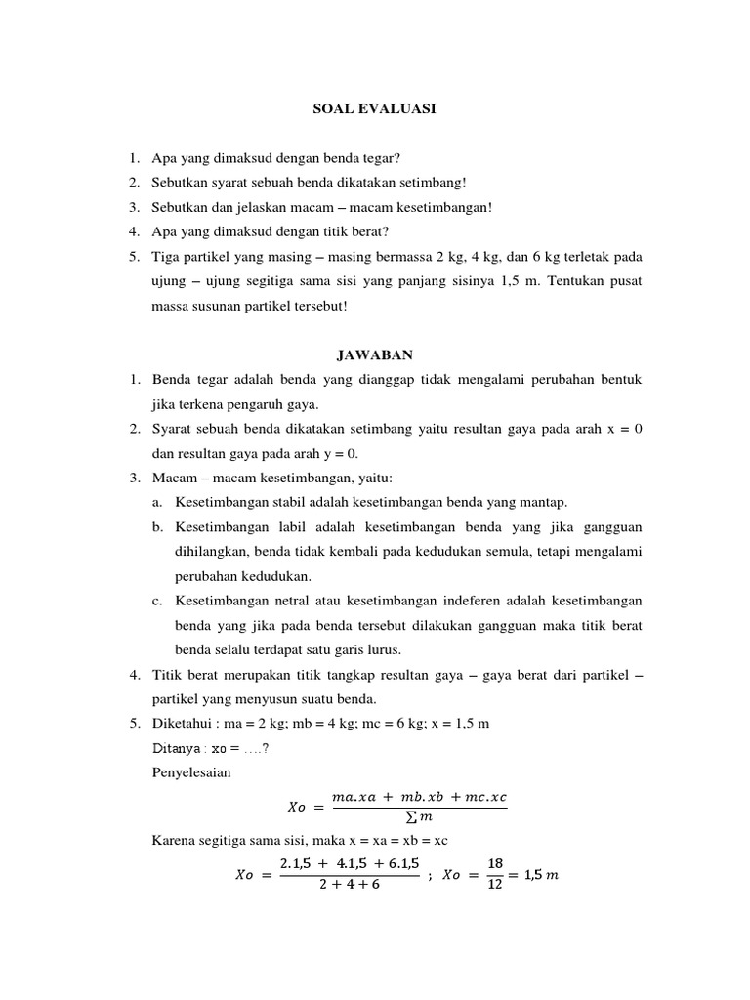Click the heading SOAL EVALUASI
374,110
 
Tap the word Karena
172,840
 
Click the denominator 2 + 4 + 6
350,885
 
